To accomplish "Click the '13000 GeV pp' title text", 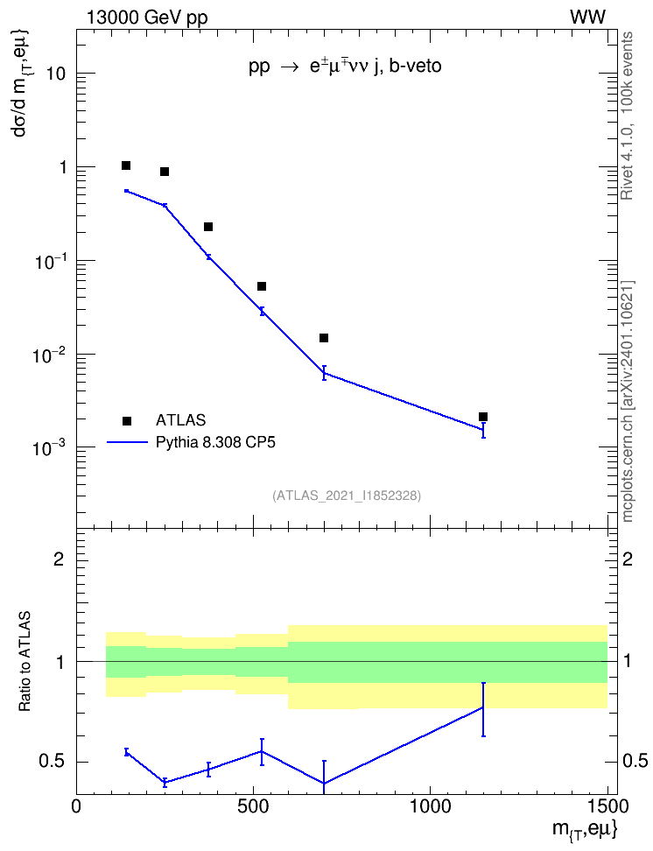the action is (x=147, y=18).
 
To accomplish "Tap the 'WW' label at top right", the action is (x=587, y=18).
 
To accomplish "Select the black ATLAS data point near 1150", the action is (x=483, y=417).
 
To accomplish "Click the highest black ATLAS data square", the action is (x=126, y=165).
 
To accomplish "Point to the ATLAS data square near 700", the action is (x=324, y=338).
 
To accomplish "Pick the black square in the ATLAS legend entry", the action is (x=127, y=420).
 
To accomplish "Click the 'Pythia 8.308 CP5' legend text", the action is (x=215, y=442).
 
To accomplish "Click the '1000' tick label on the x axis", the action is (x=430, y=806).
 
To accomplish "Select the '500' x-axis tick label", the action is (x=253, y=806).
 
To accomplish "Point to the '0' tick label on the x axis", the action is (x=76, y=806).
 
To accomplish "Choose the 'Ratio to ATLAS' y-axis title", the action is (x=25, y=662).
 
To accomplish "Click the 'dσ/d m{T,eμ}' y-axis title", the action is (x=22, y=83).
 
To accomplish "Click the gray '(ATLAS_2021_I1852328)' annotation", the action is (x=347, y=496).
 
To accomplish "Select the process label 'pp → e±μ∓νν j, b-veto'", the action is (x=345, y=67).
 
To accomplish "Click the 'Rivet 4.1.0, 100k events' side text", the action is (x=627, y=116).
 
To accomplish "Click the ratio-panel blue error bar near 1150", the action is (x=483, y=709).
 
